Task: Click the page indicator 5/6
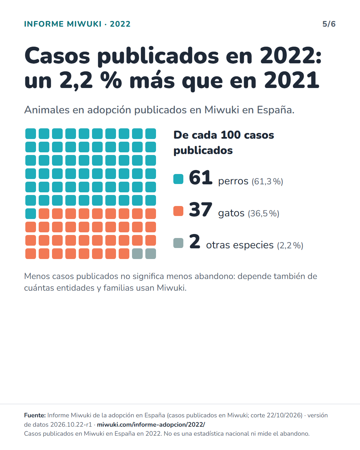329,24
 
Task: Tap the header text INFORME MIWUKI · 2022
77,24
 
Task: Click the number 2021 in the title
292,80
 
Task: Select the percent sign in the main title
111,80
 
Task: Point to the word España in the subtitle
275,110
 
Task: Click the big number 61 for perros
201,178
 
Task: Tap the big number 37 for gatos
201,210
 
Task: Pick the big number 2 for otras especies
195,242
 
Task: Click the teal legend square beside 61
178,179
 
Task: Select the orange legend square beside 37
178,211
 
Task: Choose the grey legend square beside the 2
178,243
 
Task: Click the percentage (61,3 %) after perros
267,182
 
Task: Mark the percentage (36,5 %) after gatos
264,213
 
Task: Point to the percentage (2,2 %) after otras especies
290,245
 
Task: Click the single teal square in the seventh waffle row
31,214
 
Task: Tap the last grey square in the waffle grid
151,254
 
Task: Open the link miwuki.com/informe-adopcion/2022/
151,424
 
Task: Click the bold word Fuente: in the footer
35,415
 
